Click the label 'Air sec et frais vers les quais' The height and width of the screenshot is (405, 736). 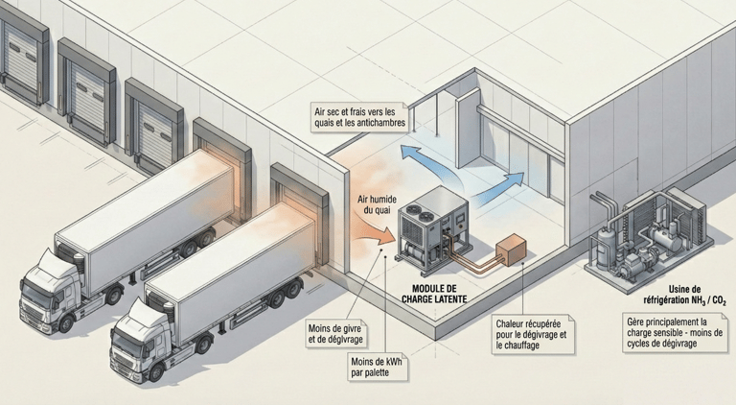click(359, 118)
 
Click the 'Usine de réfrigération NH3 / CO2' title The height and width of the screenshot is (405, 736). click(682, 294)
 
